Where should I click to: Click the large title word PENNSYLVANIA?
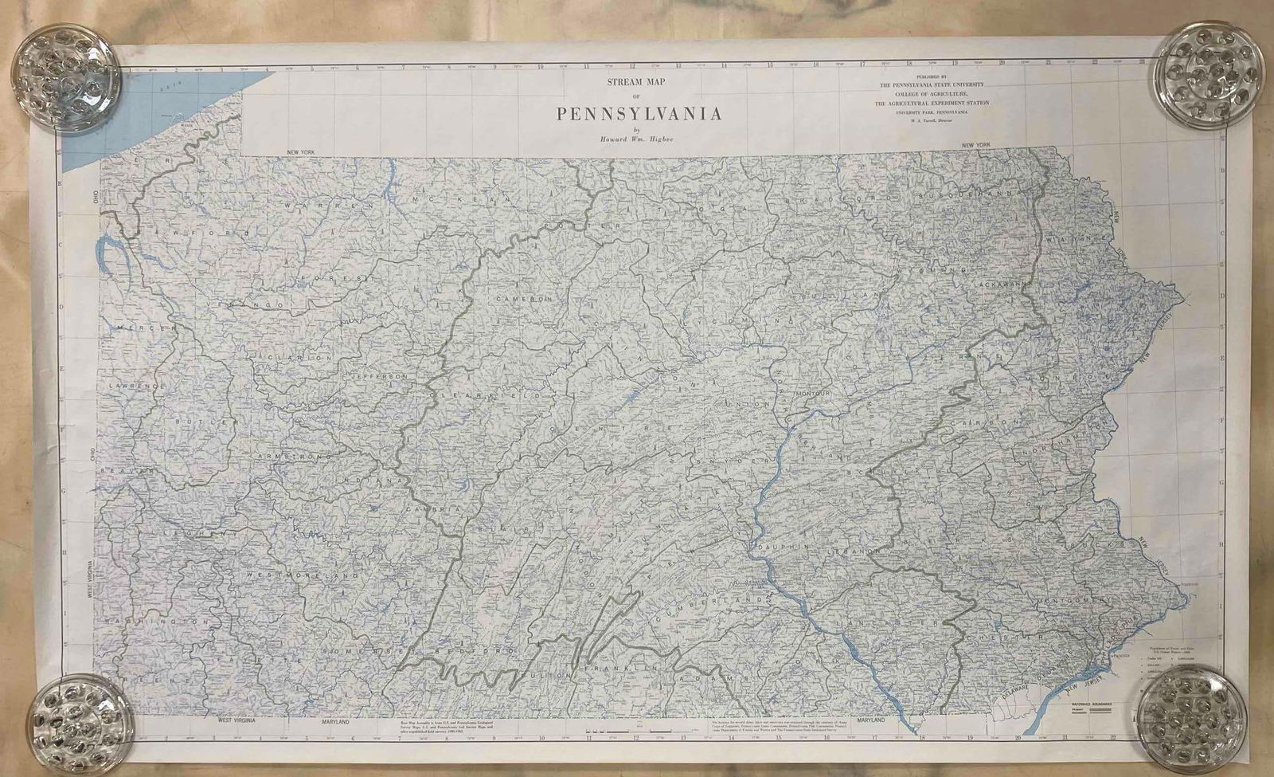click(x=639, y=112)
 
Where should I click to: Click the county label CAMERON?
click(x=524, y=298)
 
